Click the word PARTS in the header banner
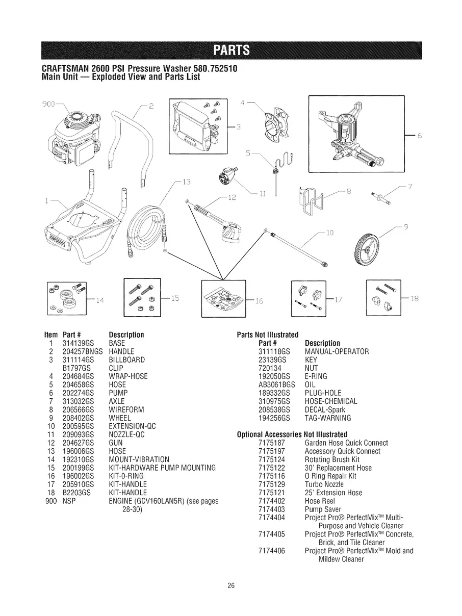[231, 50]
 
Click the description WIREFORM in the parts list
[126, 409]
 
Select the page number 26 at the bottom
[231, 586]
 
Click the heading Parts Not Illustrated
[268, 335]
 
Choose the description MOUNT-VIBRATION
[139, 459]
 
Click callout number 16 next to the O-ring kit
[259, 300]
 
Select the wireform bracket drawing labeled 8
[311, 201]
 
